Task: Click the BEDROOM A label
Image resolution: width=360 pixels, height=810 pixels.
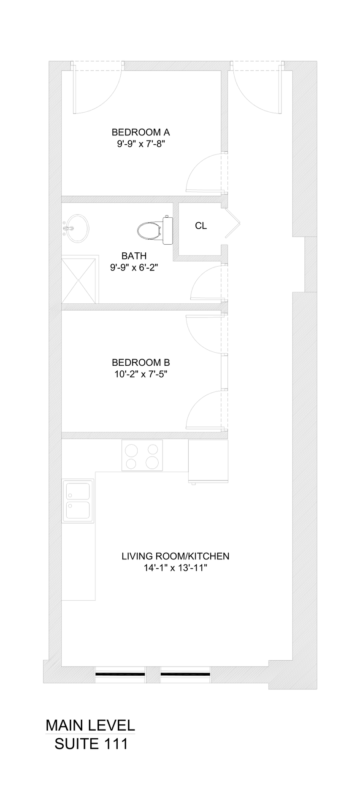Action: tap(141, 132)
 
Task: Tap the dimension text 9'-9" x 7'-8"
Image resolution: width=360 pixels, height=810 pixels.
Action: tap(141, 144)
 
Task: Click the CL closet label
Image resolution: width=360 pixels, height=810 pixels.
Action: tap(201, 226)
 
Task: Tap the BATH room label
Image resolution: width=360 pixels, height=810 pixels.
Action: tap(134, 256)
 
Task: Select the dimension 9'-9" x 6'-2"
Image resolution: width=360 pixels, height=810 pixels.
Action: tap(134, 267)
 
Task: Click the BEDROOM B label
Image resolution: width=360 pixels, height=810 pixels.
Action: tap(141, 362)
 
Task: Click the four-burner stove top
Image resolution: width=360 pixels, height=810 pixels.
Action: tap(142, 455)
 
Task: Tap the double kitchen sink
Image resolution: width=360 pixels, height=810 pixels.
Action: tap(78, 501)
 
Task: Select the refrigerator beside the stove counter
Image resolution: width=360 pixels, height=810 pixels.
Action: tap(208, 462)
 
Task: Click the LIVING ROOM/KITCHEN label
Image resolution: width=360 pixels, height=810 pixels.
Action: tap(175, 556)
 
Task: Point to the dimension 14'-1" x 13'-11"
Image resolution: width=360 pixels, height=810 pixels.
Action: tap(175, 568)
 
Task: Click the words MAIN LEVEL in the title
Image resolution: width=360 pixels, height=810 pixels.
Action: tap(90, 725)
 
